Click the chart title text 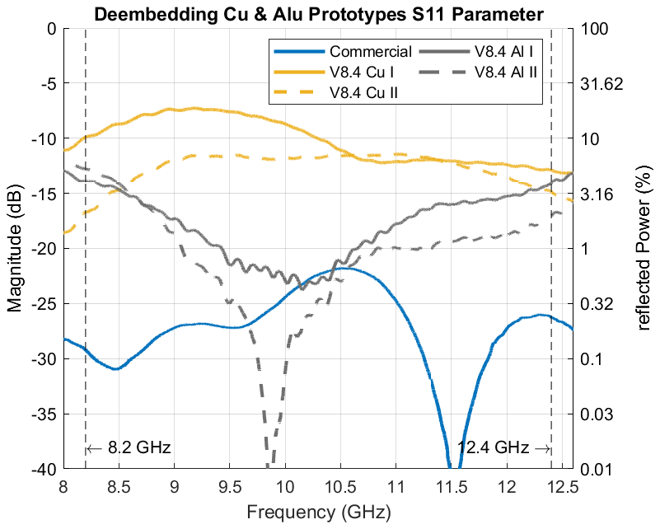317,13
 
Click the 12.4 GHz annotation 494,448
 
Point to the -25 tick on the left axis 42,304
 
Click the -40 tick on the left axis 42,470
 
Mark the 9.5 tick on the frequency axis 230,485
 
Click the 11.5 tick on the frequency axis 452,485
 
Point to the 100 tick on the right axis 592,28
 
